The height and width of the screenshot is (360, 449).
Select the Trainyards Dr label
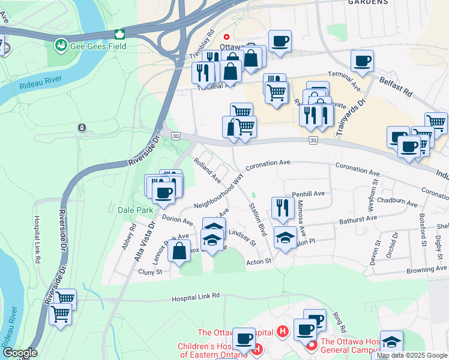coord(360,118)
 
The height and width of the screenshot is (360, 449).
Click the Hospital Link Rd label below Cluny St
coord(196,296)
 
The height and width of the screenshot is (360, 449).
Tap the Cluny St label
coord(150,272)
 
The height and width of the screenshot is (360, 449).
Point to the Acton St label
coord(259,261)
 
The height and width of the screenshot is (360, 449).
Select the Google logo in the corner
coord(19,352)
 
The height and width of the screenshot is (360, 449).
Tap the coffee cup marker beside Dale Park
coord(163,193)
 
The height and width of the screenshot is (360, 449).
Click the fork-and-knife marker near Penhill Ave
coord(282,208)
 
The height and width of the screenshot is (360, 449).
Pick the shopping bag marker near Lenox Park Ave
coord(179,251)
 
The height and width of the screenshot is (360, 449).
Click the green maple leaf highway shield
coord(119,34)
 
